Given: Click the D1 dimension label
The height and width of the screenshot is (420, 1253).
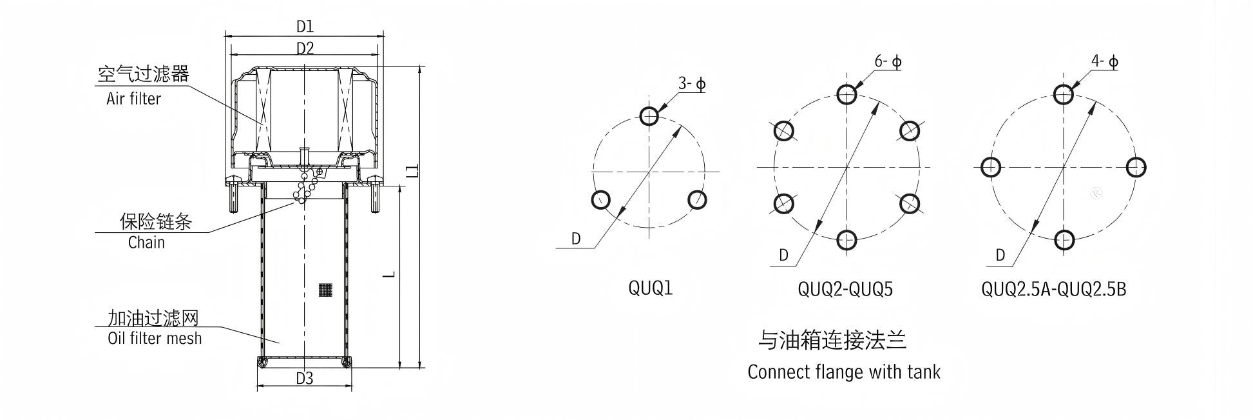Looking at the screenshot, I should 305,26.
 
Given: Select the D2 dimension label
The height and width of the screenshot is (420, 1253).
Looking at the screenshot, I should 305,48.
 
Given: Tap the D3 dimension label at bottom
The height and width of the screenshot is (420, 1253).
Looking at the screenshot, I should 304,379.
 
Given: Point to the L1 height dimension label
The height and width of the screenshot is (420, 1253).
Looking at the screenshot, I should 413,170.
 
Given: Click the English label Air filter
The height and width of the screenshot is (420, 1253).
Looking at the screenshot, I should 133,99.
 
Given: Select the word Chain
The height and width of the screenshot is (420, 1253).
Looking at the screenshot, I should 146,243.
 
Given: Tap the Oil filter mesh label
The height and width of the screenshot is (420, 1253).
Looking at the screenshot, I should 155,338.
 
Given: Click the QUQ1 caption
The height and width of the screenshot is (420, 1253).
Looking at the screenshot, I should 650,288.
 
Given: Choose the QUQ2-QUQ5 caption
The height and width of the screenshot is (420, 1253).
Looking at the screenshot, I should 845,289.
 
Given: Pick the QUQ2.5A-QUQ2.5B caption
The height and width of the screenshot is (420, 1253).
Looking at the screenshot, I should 1054,289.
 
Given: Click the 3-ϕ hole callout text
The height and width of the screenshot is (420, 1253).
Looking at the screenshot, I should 692,84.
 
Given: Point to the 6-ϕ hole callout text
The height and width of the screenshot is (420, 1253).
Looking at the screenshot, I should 888,62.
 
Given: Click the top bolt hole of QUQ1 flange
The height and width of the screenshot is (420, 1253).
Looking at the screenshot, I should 649,116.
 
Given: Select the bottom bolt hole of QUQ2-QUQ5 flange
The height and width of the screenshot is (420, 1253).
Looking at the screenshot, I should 847,240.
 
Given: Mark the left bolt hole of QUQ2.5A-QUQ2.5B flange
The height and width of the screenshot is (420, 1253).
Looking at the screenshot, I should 990,167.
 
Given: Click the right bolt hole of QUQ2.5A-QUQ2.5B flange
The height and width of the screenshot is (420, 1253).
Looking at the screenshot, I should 1136,167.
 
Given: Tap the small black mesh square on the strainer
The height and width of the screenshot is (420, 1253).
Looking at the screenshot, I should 326,290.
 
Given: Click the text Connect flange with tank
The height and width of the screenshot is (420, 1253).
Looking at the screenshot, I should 844,372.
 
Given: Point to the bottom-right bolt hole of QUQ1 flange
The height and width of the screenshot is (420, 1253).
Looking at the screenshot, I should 697,200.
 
